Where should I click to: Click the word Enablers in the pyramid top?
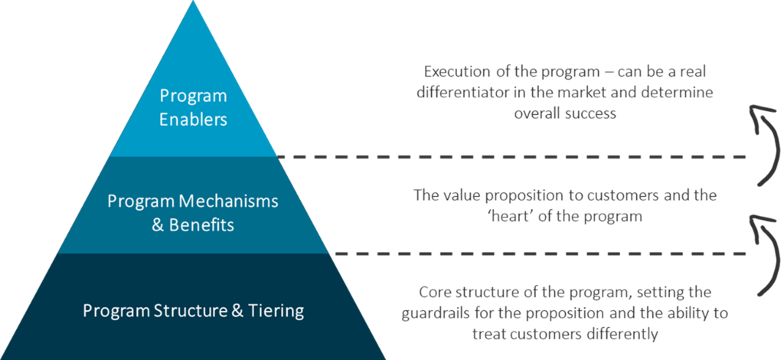click(x=193, y=119)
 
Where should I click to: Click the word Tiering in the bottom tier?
click(x=277, y=311)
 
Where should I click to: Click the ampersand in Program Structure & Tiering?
click(x=234, y=311)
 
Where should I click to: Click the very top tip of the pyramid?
click(x=193, y=2)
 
